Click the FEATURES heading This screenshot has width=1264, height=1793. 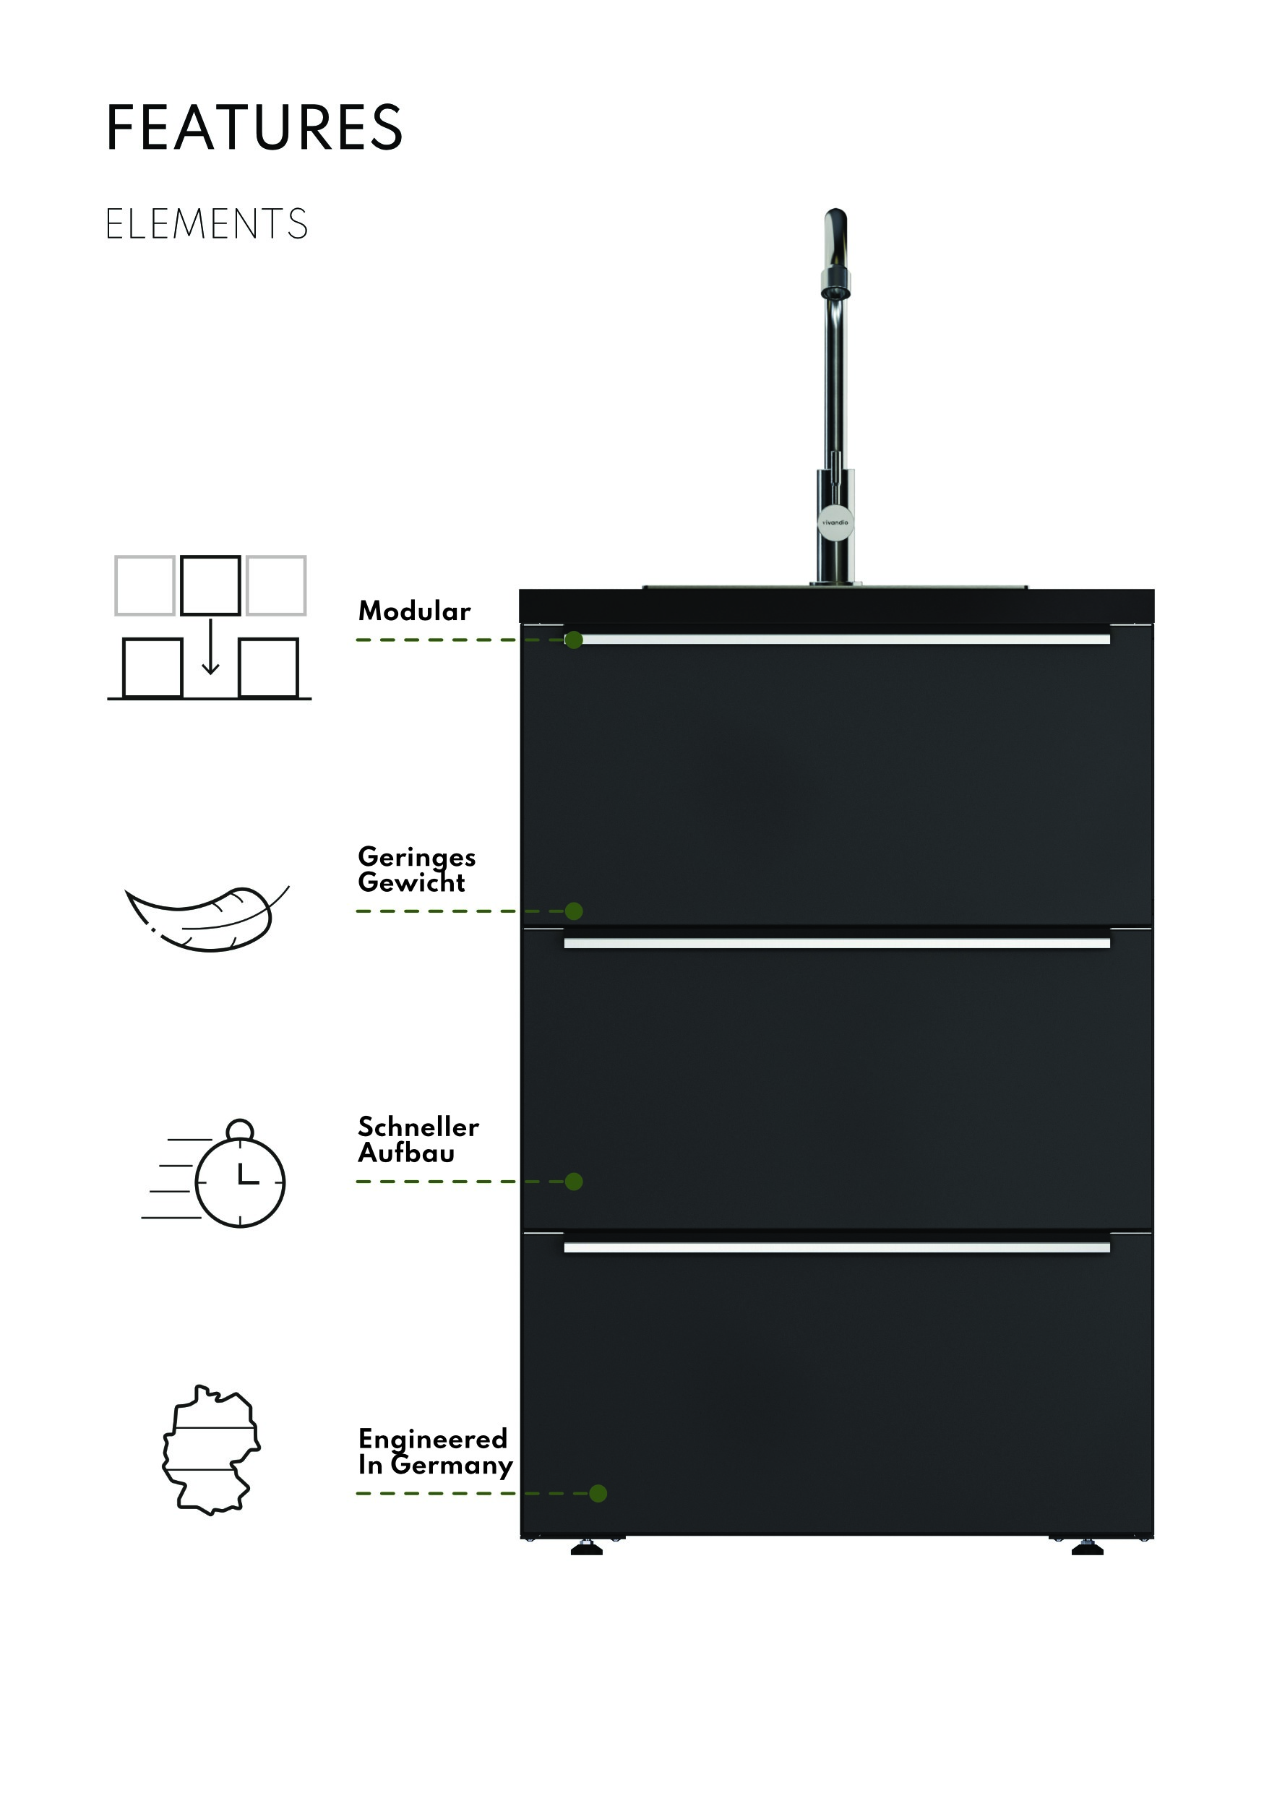pos(254,127)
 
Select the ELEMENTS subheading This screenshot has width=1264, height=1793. pos(207,224)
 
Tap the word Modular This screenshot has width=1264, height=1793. pos(414,611)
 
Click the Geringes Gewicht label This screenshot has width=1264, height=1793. pos(416,869)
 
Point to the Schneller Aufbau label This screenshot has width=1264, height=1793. pos(418,1140)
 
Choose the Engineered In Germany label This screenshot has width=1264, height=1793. pos(435,1451)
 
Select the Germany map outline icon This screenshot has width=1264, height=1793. pos(211,1450)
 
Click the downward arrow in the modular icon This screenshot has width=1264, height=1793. pos(210,648)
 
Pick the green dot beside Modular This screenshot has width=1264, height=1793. pos(574,640)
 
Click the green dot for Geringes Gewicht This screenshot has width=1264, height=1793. pos(574,911)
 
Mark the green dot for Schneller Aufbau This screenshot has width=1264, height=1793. pos(574,1182)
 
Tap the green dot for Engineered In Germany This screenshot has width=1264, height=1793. pos(598,1493)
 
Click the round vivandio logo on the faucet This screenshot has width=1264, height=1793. pos(835,523)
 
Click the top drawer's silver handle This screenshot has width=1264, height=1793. pos(837,640)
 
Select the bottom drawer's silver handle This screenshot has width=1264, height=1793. pos(837,1248)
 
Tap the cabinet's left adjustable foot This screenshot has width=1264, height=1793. pos(586,1548)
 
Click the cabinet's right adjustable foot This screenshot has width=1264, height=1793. pos(1087,1548)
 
